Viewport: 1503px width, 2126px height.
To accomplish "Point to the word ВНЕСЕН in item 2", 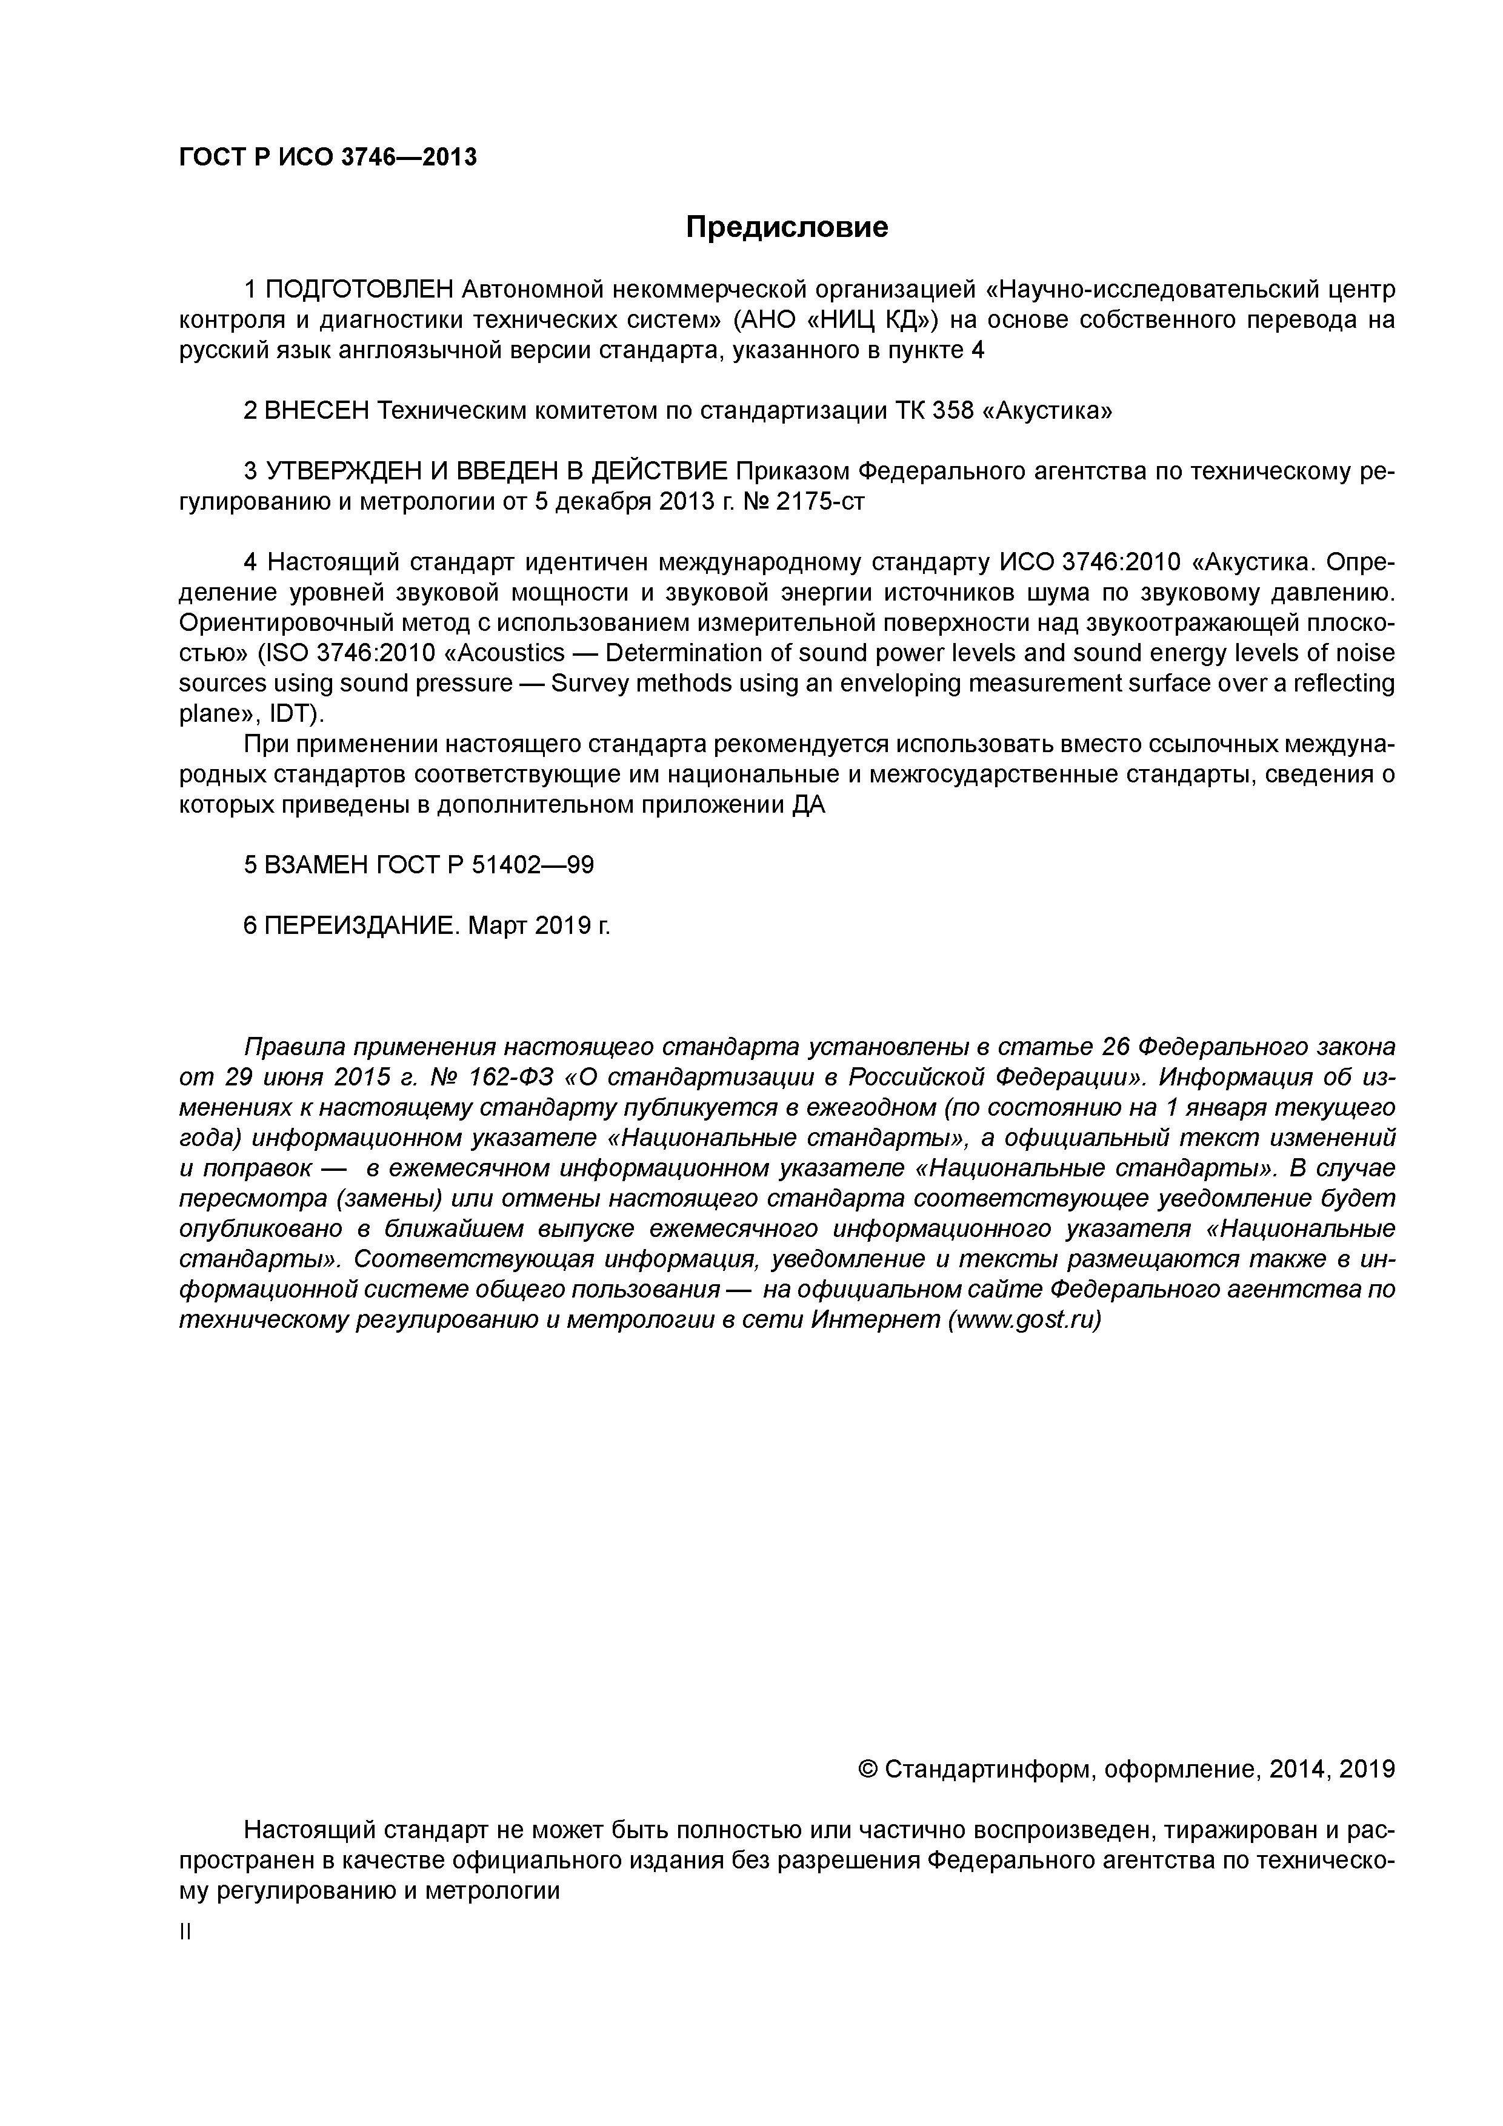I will [x=317, y=411].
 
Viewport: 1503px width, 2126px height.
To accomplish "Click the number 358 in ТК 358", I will [x=945, y=411].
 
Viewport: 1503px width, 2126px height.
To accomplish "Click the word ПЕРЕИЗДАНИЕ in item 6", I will [x=361, y=925].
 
